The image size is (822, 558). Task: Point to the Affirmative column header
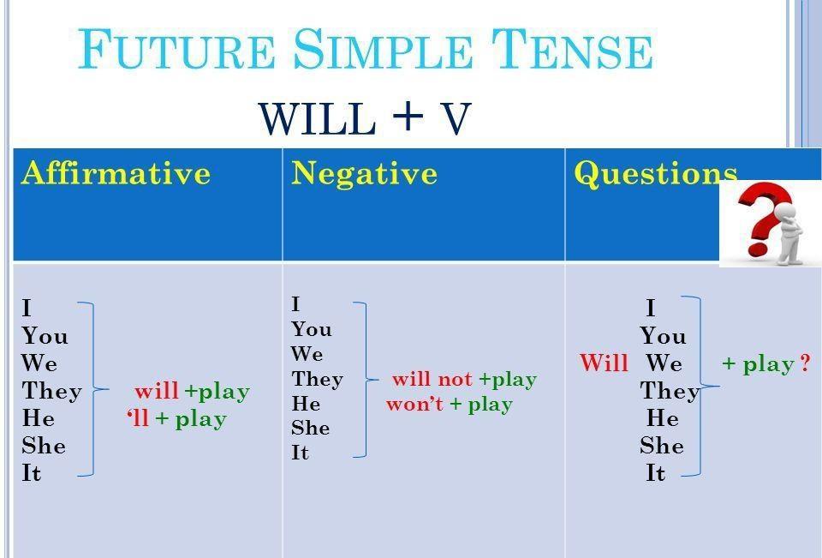click(x=116, y=172)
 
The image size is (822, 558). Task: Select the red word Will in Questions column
click(x=604, y=363)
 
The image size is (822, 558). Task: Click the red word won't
click(x=414, y=404)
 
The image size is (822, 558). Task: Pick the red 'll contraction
click(x=138, y=417)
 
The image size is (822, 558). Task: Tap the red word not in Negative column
click(x=455, y=379)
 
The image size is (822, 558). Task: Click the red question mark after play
click(x=806, y=363)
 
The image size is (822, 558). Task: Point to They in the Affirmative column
click(x=52, y=391)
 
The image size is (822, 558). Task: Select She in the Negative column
click(x=311, y=428)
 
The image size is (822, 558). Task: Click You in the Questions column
click(x=663, y=336)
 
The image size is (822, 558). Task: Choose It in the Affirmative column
click(x=32, y=473)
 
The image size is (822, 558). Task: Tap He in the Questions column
click(x=663, y=418)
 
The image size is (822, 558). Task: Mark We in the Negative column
click(x=307, y=354)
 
